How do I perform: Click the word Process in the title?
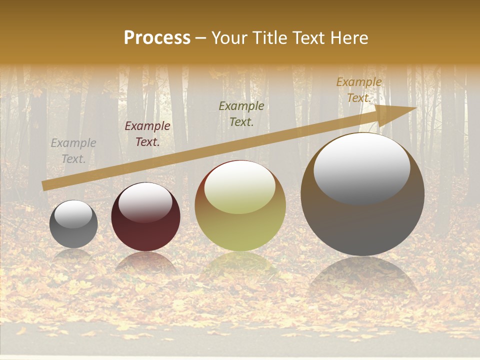tap(157, 38)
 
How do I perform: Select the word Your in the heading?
tap(229, 38)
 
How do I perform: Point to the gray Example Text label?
tap(73, 151)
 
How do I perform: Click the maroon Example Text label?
tap(147, 134)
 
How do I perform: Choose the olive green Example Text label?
tap(241, 113)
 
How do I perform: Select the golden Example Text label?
tap(359, 90)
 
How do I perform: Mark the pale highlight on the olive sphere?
tap(240, 187)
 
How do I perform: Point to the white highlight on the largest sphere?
tap(361, 167)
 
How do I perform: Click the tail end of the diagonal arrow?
tap(45, 186)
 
